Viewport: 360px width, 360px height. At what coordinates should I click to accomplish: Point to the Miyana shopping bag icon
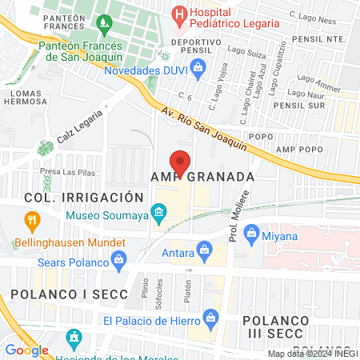point(274,234)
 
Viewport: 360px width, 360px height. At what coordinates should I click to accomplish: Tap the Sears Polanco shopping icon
point(119,259)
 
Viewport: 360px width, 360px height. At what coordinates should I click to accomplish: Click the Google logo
point(27,350)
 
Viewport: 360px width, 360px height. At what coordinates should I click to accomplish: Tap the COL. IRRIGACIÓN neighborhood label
point(83,197)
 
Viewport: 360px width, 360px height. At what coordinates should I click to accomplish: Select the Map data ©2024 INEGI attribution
point(313,354)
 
